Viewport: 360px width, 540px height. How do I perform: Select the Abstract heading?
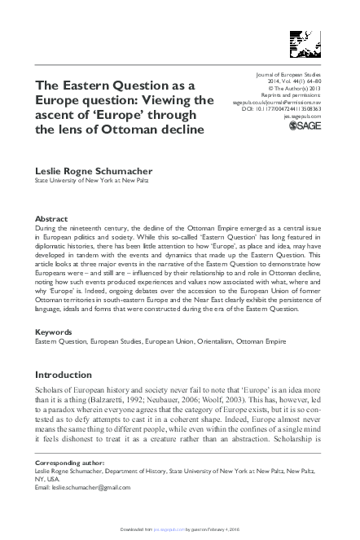[53, 219]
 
